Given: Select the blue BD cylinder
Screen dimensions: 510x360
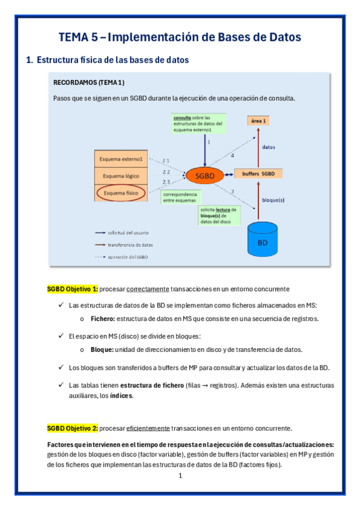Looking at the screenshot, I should pyautogui.click(x=262, y=241).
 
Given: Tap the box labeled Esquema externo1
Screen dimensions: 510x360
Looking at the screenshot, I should pyautogui.click(x=123, y=159).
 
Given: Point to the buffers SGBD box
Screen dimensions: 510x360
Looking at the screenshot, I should pyautogui.click(x=258, y=174).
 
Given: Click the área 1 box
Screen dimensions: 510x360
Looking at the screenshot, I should pyautogui.click(x=258, y=121).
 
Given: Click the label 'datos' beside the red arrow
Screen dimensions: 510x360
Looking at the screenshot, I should pyautogui.click(x=269, y=146).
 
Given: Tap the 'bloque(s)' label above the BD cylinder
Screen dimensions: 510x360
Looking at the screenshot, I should pyautogui.click(x=274, y=199).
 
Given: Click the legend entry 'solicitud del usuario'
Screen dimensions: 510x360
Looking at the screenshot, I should pyautogui.click(x=128, y=232).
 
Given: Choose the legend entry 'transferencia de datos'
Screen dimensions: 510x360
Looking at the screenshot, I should pyautogui.click(x=130, y=245).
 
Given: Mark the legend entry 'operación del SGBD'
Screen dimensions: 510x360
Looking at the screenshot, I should pyautogui.click(x=129, y=257).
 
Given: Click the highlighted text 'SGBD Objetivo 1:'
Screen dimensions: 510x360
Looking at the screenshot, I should pyautogui.click(x=72, y=289).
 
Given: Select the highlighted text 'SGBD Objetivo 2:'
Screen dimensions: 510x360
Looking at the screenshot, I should pyautogui.click(x=72, y=428).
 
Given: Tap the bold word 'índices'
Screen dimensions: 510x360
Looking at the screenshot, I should pyautogui.click(x=122, y=396).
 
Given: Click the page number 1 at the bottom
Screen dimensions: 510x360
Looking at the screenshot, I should pyautogui.click(x=180, y=476).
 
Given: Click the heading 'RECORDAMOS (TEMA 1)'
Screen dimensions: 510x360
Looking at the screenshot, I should pyautogui.click(x=89, y=82).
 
